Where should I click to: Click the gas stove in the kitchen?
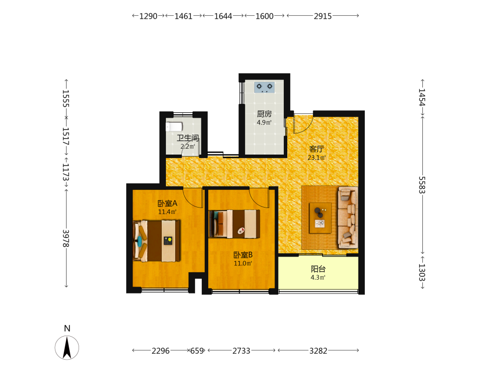pyautogui.click(x=265, y=87)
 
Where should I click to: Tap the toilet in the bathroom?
pyautogui.click(x=174, y=127)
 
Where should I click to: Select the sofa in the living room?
pyautogui.click(x=348, y=217)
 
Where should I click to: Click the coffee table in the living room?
pyautogui.click(x=320, y=218)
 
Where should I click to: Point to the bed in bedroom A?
pyautogui.click(x=157, y=240)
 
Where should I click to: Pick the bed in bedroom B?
pyautogui.click(x=235, y=224)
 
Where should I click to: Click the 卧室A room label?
pyautogui.click(x=167, y=204)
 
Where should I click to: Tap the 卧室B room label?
pyautogui.click(x=243, y=255)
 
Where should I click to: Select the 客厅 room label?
pyautogui.click(x=317, y=149)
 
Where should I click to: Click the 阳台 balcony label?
pyautogui.click(x=318, y=269)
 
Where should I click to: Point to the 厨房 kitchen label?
pyautogui.click(x=264, y=114)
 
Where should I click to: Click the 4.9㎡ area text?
pyautogui.click(x=264, y=122)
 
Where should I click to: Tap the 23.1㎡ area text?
pyautogui.click(x=317, y=158)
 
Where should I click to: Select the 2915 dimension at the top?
pyautogui.click(x=323, y=16)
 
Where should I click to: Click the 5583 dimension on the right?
pyautogui.click(x=422, y=185)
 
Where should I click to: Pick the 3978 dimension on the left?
pyautogui.click(x=66, y=238)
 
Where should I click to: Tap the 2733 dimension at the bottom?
pyautogui.click(x=241, y=351)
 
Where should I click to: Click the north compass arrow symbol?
pyautogui.click(x=67, y=347)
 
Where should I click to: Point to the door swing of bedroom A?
pyautogui.click(x=193, y=198)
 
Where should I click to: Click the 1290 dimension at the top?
pyautogui.click(x=148, y=16)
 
